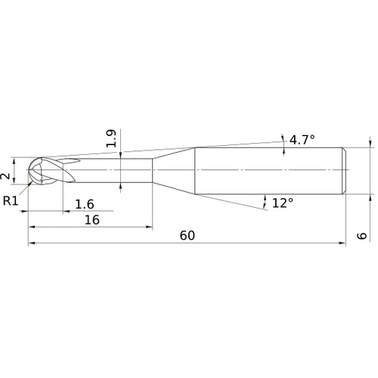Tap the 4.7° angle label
click(x=301, y=139)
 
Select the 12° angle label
click(x=282, y=203)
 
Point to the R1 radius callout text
click(x=11, y=200)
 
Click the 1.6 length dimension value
click(x=85, y=203)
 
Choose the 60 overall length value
click(x=187, y=236)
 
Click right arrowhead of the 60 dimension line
click(x=343, y=244)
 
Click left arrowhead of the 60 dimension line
click(x=31, y=244)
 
